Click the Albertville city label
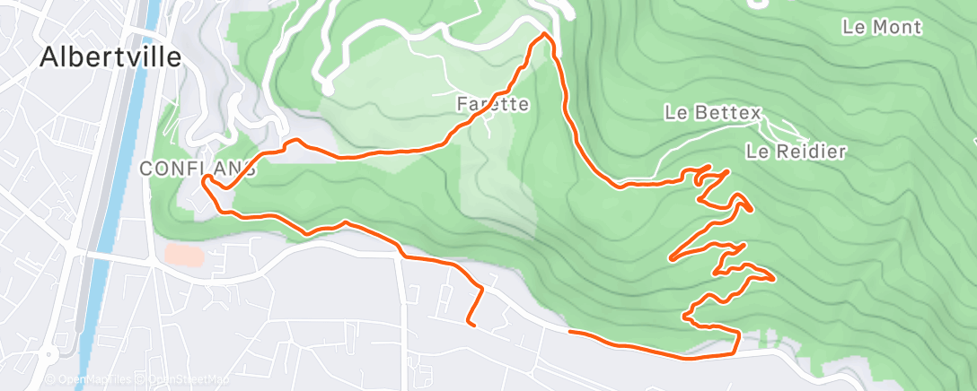pos(111,57)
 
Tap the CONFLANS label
pos(198,168)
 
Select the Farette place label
pos(493,104)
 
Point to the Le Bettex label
pos(713,113)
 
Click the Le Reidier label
pos(797,152)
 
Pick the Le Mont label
pos(882,27)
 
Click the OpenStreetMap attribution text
pos(177,380)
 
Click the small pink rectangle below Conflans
pos(184,255)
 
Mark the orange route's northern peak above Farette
pos(544,35)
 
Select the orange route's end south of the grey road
pos(470,323)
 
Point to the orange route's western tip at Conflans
pos(205,180)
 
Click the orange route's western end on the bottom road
pos(569,333)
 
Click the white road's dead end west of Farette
pos(329,91)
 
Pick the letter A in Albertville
pos(49,57)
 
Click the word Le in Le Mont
pos(853,27)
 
